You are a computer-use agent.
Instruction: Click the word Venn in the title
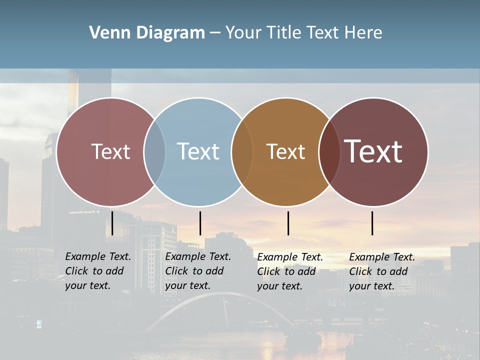pyautogui.click(x=105, y=33)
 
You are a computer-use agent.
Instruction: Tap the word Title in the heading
pyautogui.click(x=283, y=33)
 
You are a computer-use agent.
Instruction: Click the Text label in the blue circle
pyautogui.click(x=198, y=151)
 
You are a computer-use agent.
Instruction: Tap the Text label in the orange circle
pyautogui.click(x=285, y=152)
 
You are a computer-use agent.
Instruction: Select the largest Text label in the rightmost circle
pyautogui.click(x=373, y=151)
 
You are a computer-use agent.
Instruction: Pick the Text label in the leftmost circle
pyautogui.click(x=110, y=151)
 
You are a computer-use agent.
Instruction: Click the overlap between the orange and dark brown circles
pyautogui.click(x=329, y=151)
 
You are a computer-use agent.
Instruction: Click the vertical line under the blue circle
pyautogui.click(x=200, y=223)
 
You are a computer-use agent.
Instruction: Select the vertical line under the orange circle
pyautogui.click(x=288, y=223)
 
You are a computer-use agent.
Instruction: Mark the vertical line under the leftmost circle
pyautogui.click(x=112, y=223)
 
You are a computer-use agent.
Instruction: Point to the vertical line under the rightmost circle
pyautogui.click(x=372, y=223)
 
